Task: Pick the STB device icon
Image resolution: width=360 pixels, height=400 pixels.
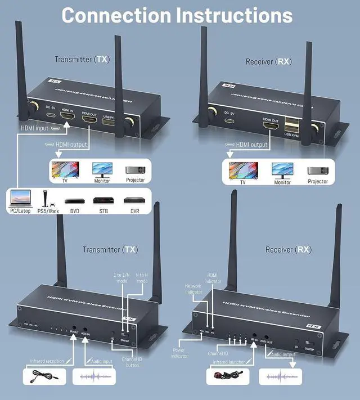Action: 103,201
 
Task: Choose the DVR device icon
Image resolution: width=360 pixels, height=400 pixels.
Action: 134,201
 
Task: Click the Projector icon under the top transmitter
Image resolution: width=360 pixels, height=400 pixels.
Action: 135,170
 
